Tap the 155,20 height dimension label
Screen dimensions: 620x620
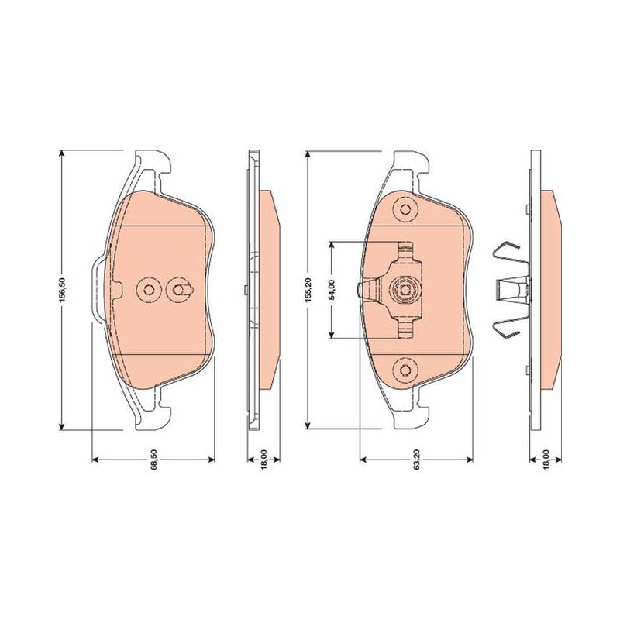point(309,290)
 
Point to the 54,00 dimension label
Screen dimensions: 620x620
point(332,290)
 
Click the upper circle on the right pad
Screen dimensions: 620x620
point(405,208)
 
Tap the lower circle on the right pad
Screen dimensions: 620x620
point(405,370)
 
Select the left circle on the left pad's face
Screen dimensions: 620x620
point(149,290)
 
